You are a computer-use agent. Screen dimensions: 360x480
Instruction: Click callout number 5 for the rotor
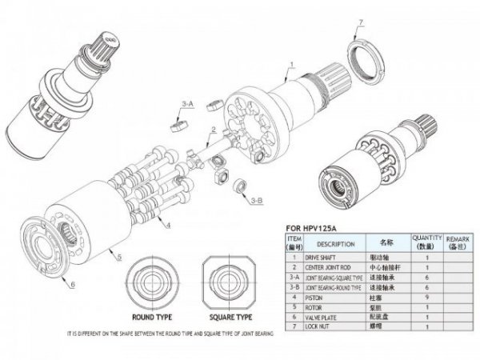118,258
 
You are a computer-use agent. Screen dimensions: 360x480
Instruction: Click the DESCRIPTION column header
330,243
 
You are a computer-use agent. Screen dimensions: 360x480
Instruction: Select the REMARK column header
458,243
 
